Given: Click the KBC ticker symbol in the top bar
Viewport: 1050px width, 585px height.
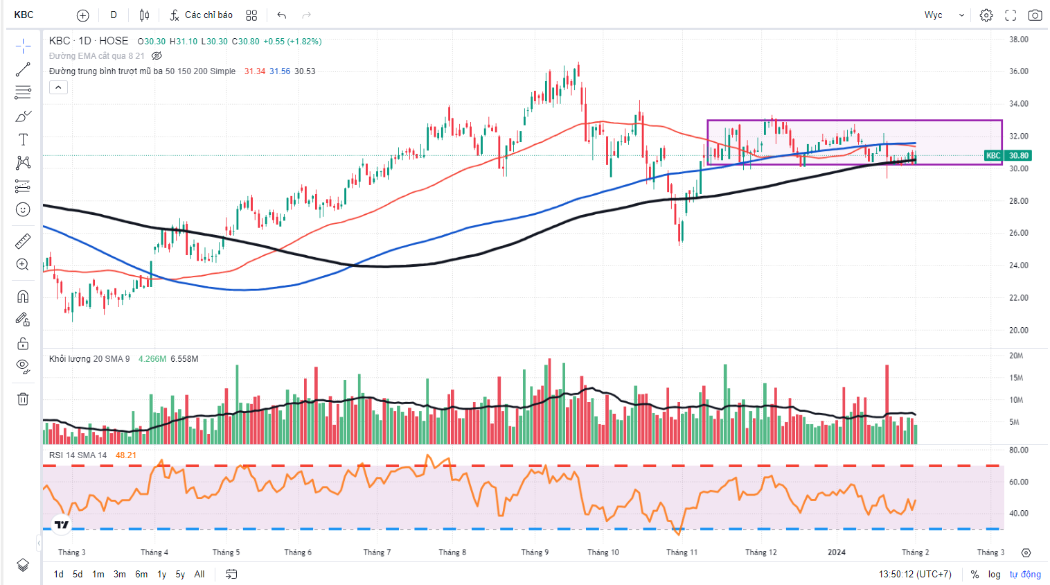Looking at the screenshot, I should (x=24, y=15).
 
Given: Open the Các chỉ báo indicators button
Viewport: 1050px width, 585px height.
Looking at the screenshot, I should (x=202, y=15).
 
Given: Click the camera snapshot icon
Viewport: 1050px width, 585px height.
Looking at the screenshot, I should (x=1035, y=15).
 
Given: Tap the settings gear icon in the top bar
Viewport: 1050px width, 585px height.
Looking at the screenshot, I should (x=986, y=15).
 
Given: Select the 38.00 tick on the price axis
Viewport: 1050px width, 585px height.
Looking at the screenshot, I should (x=1018, y=40).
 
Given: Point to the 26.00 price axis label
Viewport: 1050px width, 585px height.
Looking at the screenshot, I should (x=1018, y=233).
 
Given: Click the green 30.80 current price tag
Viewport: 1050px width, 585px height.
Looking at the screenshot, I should (x=1017, y=155).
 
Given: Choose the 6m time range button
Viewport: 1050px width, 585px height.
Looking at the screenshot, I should (x=141, y=574).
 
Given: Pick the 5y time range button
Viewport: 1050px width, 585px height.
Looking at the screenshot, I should (x=180, y=574).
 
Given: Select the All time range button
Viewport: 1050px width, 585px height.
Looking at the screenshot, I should (x=199, y=574).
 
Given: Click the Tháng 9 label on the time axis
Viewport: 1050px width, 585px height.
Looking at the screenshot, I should (x=535, y=552).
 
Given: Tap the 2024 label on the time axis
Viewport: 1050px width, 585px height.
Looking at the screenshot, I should (x=837, y=552).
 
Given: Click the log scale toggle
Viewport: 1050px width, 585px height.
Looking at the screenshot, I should (x=995, y=574).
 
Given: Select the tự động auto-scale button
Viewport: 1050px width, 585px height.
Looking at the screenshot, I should (x=1025, y=574).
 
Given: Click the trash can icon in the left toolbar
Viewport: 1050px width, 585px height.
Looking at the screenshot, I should (x=23, y=399).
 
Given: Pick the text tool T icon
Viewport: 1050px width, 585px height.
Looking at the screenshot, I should (x=23, y=139).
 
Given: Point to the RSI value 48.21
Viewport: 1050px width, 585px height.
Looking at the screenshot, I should (x=126, y=455).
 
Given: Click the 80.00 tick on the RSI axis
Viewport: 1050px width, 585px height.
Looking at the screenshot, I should (x=1018, y=450).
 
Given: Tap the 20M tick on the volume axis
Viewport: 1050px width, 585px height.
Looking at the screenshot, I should (x=1015, y=356).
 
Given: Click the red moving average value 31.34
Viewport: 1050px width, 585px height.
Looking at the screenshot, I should (x=255, y=71).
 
